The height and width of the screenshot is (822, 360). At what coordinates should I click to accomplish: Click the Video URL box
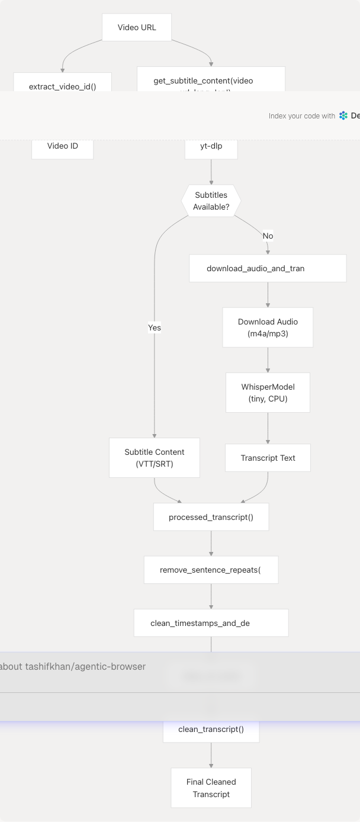(137, 27)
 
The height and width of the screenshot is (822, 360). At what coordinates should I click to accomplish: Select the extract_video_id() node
(62, 83)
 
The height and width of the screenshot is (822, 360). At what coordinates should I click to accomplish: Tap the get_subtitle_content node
(211, 80)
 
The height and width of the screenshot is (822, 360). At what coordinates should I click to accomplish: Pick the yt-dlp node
(211, 147)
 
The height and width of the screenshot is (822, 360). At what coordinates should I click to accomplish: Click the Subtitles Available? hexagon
(211, 201)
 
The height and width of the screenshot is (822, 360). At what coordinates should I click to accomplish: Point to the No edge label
(268, 236)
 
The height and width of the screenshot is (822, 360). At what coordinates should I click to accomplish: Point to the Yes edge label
(155, 327)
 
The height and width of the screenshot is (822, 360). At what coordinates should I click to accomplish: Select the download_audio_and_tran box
(268, 268)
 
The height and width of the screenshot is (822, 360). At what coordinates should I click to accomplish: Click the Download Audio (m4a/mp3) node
(268, 327)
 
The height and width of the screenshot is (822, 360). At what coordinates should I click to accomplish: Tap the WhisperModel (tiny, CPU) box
(268, 393)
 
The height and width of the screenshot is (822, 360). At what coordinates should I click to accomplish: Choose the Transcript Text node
(268, 458)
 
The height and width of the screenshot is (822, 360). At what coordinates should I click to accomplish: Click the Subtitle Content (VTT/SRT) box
(155, 458)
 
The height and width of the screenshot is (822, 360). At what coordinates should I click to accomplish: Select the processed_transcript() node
(211, 517)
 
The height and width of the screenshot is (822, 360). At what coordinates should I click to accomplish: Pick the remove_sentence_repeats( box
(211, 570)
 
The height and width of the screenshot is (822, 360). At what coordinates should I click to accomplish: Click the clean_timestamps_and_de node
(211, 623)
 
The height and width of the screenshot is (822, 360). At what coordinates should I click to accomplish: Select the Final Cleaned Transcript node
(211, 788)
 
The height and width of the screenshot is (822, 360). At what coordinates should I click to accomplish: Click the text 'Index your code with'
(301, 116)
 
